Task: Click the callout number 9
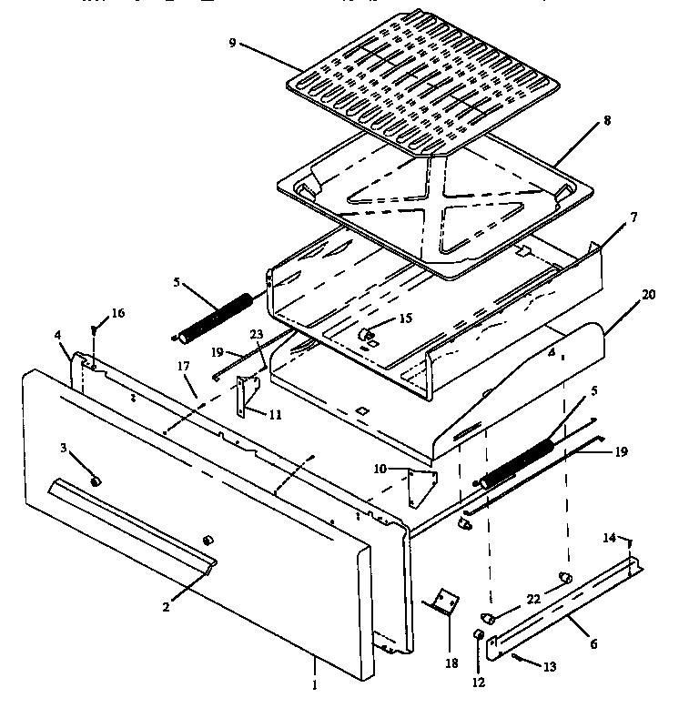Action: tap(233, 42)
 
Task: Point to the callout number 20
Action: tap(623, 294)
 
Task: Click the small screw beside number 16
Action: tap(94, 329)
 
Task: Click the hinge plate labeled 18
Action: tap(443, 602)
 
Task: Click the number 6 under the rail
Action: tap(593, 643)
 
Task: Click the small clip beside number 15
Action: tap(369, 336)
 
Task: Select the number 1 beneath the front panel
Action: tap(315, 685)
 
